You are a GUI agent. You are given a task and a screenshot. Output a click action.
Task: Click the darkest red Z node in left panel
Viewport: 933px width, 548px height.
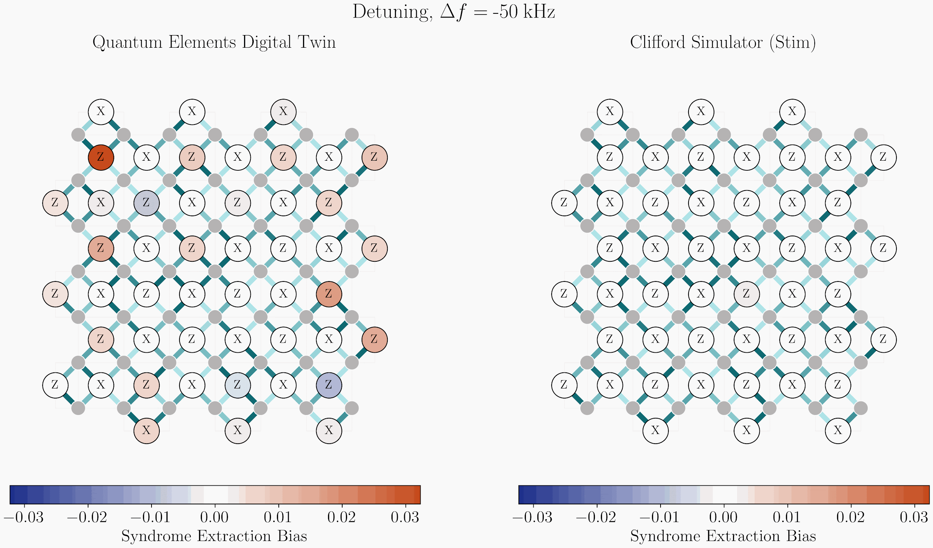pos(101,157)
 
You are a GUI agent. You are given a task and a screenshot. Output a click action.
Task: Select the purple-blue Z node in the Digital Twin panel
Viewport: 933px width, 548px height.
pos(328,385)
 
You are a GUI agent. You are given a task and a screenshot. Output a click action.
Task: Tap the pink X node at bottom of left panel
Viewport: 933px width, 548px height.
pos(147,431)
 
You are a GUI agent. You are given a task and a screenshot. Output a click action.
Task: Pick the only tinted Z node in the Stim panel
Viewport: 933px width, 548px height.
pos(746,294)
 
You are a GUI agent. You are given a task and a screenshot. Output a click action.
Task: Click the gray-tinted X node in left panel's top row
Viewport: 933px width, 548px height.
pos(283,111)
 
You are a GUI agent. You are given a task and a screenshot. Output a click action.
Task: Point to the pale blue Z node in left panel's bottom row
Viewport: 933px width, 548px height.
pos(238,385)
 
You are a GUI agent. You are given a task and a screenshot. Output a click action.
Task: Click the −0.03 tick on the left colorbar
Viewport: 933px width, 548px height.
pos(24,517)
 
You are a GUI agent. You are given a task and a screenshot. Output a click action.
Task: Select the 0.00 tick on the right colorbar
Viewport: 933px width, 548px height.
pos(724,517)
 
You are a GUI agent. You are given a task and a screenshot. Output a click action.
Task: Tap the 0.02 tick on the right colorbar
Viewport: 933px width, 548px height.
pos(851,517)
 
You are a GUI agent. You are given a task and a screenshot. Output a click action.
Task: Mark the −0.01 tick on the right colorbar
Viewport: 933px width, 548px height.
pos(660,517)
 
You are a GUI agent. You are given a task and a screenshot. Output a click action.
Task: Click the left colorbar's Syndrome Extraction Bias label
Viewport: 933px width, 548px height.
pos(214,536)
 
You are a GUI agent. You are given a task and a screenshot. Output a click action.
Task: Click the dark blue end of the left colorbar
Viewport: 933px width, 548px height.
pos(15,495)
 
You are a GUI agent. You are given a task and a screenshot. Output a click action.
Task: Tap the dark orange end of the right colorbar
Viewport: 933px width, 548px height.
pos(925,495)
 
